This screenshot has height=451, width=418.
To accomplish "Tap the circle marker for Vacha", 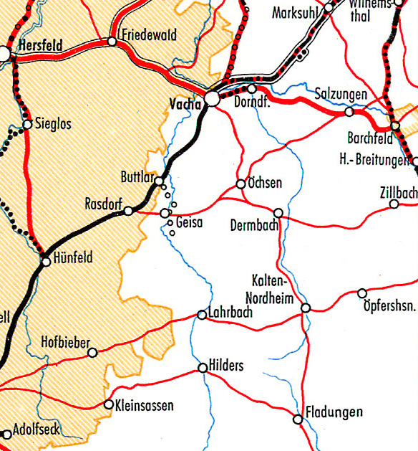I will pos(213,99).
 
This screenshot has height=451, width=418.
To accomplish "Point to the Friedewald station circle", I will pos(112,42).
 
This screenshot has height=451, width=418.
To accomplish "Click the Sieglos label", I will pos(53,124).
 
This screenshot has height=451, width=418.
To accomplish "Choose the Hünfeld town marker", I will pos(46,262).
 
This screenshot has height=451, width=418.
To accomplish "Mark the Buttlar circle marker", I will pos(160,181).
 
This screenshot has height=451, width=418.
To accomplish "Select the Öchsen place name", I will pos(265,184).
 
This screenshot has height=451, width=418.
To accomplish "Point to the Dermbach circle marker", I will pos(278,212).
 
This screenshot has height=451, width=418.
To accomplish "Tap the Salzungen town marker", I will pos(349,112).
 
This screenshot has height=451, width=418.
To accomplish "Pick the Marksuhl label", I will pos(293,13).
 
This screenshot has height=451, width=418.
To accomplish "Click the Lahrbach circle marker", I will pos(202,315).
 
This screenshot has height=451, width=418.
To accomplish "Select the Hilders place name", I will pos(226,366).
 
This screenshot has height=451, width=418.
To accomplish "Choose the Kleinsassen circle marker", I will pos(109,404).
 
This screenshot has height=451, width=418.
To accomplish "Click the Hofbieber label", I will pos(65,341).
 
